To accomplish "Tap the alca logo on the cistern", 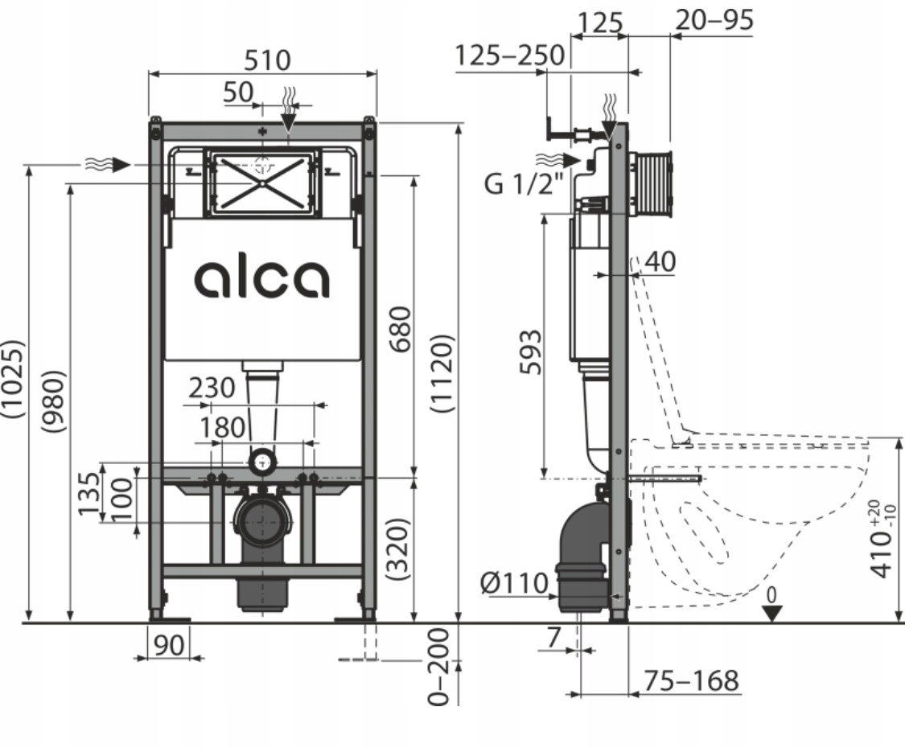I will click(261, 279).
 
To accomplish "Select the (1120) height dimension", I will click(444, 373).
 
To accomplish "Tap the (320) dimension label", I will click(400, 549).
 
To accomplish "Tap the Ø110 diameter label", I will click(515, 582).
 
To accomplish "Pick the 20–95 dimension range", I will click(714, 19).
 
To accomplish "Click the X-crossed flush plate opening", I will click(262, 183).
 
